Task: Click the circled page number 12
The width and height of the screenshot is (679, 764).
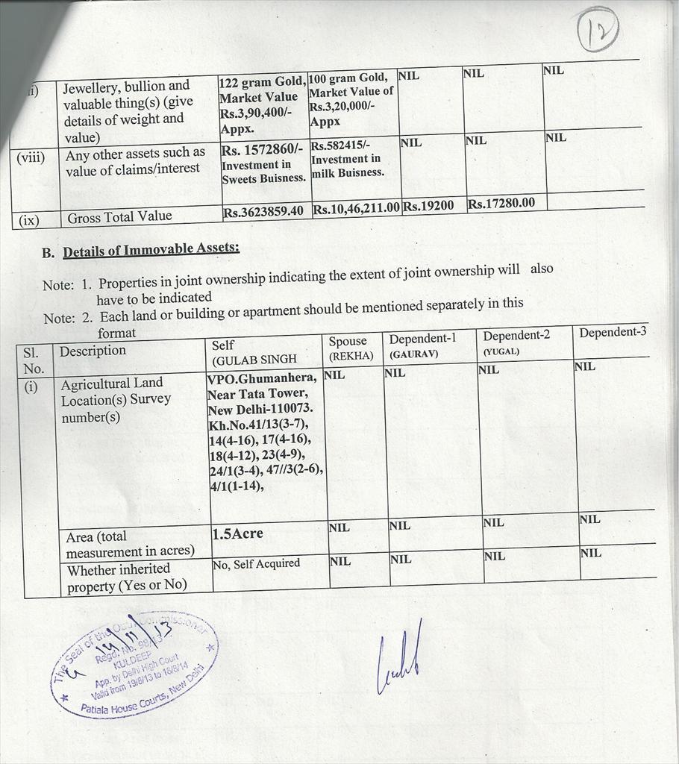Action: point(598,29)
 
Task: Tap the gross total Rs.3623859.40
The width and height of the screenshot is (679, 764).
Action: point(263,211)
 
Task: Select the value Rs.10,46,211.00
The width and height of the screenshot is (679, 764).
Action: point(356,208)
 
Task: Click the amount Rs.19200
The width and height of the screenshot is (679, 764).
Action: point(428,206)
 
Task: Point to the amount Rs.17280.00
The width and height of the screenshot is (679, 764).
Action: point(501,203)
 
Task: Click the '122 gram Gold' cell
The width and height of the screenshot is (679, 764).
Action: point(261,104)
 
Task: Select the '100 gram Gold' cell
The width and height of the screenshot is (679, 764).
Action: point(351,99)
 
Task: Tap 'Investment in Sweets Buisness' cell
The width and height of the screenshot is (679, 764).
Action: point(263,164)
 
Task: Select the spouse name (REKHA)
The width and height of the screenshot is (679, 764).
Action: point(351,356)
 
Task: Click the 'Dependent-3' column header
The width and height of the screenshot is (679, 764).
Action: point(613,332)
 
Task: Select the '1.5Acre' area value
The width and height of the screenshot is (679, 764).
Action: point(237,534)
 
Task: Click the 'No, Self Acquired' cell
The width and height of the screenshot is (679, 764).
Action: point(256,564)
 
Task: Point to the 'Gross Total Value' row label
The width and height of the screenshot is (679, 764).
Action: point(119,217)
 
